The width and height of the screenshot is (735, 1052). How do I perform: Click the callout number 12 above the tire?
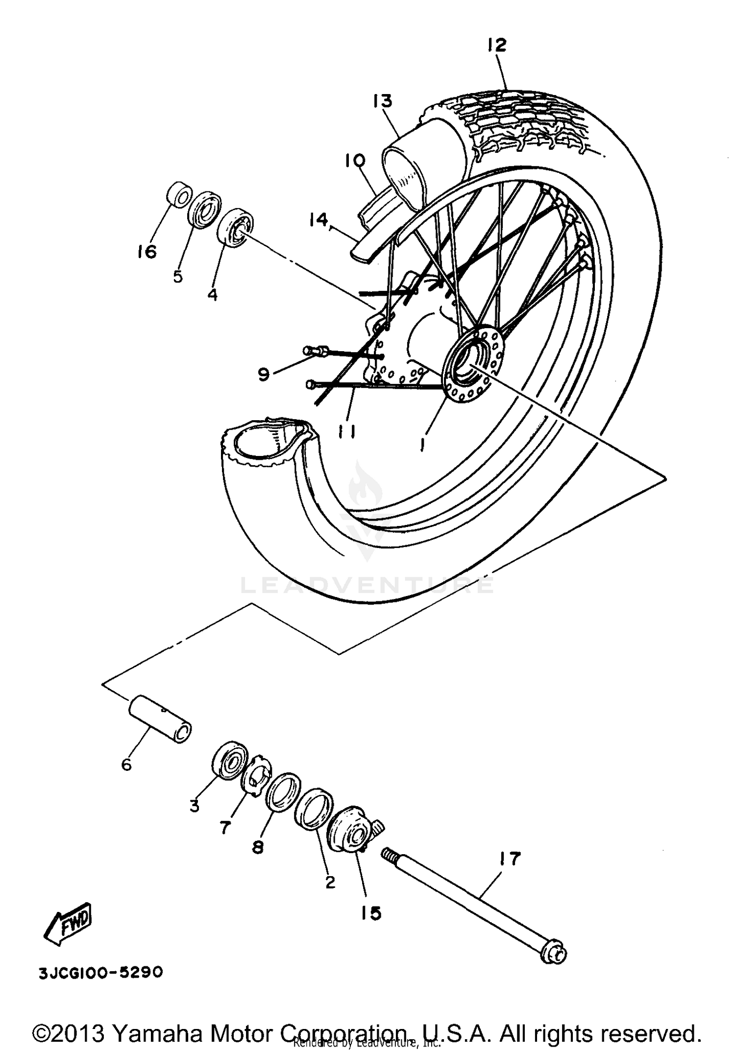(496, 45)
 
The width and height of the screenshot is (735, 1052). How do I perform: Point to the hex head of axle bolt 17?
(554, 954)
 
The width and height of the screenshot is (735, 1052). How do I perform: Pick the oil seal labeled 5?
(204, 210)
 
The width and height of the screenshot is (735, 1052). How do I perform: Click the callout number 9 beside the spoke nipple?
(264, 375)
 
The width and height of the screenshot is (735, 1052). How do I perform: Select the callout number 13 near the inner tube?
(382, 101)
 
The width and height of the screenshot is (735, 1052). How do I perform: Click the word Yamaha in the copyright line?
(159, 1033)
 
